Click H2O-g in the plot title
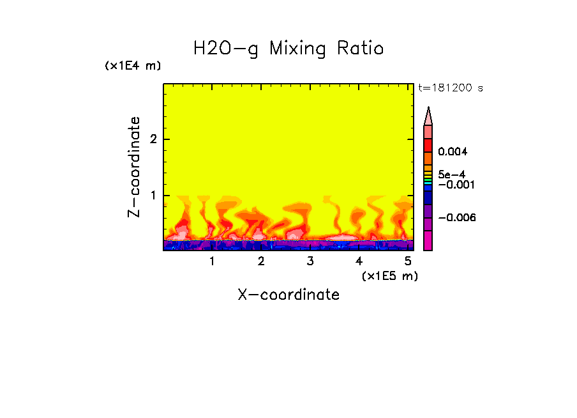click(x=226, y=49)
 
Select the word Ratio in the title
click(x=361, y=49)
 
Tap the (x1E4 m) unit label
click(x=133, y=66)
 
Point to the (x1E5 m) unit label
click(x=389, y=275)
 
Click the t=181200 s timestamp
click(x=451, y=88)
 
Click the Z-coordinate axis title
click(x=134, y=167)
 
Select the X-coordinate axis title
click(x=288, y=295)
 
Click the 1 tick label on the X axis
click(x=212, y=261)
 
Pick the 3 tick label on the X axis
click(x=310, y=261)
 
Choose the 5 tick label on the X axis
click(x=408, y=261)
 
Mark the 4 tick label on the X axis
click(x=359, y=261)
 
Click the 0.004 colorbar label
click(x=453, y=152)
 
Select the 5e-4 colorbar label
click(x=452, y=174)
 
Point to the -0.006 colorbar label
click(x=457, y=218)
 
